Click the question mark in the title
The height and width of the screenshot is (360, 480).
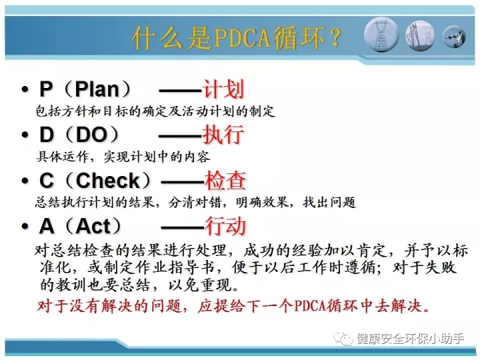[335, 37]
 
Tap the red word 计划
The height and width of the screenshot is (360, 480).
[223, 89]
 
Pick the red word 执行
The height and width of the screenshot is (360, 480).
[223, 134]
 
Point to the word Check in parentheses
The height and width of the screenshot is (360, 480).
[108, 180]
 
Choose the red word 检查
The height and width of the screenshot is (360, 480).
[225, 180]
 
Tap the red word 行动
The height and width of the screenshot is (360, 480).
[225, 226]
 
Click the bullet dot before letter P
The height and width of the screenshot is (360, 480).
[25, 90]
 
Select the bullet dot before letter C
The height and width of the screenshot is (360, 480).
[25, 181]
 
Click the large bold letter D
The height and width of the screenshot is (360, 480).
[47, 135]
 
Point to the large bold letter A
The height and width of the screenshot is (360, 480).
[47, 226]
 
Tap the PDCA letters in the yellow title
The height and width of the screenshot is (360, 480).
[242, 38]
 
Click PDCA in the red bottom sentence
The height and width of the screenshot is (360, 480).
[310, 305]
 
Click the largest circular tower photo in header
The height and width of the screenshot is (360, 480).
[381, 34]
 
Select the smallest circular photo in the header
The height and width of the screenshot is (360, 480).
[455, 37]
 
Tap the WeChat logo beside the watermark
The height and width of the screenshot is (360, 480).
[343, 338]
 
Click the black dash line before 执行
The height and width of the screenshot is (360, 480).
[181, 136]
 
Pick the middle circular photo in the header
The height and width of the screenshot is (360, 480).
[420, 35]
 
